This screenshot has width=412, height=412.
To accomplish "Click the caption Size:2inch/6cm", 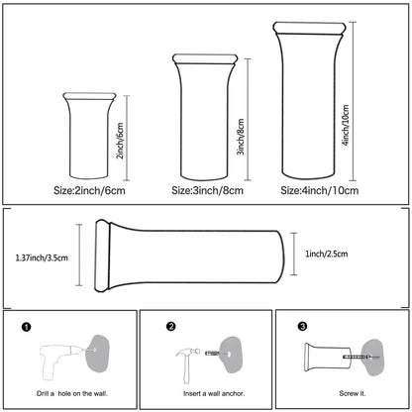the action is click(89, 190).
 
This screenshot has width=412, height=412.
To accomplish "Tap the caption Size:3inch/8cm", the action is click(207, 190).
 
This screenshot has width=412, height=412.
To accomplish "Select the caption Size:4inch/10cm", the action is click(320, 190).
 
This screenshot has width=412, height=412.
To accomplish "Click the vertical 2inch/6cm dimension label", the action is click(120, 141).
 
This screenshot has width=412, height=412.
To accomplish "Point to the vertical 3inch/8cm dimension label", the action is click(241, 137).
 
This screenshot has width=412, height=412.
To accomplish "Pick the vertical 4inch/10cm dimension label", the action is click(346, 125).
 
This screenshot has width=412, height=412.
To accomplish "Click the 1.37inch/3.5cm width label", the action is click(42, 257).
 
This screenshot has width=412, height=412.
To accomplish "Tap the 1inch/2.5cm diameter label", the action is click(327, 254).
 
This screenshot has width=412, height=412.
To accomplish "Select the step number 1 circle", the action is click(27, 327).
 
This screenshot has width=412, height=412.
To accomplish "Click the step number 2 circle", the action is click(171, 327).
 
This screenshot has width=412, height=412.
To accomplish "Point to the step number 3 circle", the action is click(302, 326).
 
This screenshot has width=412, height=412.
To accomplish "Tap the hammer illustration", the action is click(188, 364).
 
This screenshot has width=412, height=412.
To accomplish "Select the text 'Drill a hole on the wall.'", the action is click(72, 393).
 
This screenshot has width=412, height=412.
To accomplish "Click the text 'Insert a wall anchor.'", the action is click(214, 393).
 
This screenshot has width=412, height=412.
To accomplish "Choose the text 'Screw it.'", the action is click(353, 393).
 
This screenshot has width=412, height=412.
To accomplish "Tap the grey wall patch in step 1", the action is click(97, 354).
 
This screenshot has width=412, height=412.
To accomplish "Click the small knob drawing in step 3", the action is click(328, 358).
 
